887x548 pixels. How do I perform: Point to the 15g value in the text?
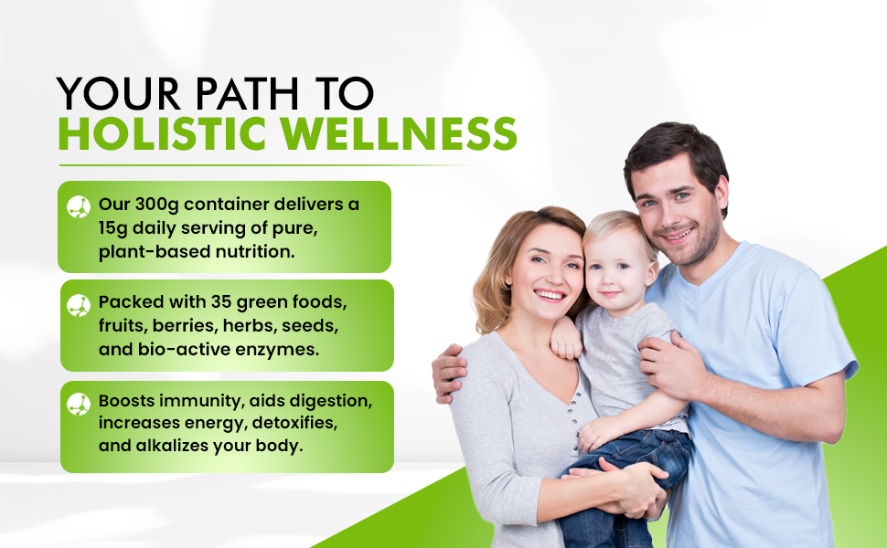click(x=115, y=227)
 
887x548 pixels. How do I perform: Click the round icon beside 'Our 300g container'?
click(x=79, y=205)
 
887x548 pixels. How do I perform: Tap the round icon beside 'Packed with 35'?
click(x=79, y=305)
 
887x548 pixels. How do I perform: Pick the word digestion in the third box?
click(x=325, y=402)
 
